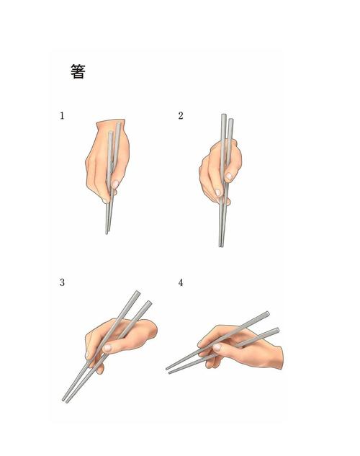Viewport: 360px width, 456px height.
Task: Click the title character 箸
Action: point(78,71)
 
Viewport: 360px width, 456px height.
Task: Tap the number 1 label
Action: point(62,116)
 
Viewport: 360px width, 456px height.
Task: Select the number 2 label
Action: point(181,116)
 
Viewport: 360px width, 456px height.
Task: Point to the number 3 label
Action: point(62,282)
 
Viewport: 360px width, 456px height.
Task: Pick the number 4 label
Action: point(181,282)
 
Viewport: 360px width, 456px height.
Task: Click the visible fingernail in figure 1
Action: point(115,184)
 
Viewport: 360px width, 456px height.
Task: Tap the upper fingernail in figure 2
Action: point(229,176)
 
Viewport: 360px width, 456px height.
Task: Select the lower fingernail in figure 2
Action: point(218,192)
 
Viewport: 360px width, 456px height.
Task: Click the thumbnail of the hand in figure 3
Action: point(107,348)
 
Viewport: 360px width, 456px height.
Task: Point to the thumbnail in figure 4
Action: point(217,347)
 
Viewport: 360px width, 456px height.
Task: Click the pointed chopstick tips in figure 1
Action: point(107,232)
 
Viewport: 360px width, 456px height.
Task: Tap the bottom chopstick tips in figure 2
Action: point(221,246)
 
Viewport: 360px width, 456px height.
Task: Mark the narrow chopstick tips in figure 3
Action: point(65,401)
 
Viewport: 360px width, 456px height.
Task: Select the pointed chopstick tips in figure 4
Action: point(168,370)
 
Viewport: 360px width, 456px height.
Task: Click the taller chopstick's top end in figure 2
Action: point(223,115)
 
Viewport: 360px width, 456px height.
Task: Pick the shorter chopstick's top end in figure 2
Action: point(231,120)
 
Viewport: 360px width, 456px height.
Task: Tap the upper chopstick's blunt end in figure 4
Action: point(267,314)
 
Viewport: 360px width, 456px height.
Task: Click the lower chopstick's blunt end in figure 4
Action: point(277,330)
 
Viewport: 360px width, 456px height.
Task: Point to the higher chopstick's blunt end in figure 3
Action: point(138,292)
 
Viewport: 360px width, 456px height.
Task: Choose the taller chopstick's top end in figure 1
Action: point(119,124)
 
